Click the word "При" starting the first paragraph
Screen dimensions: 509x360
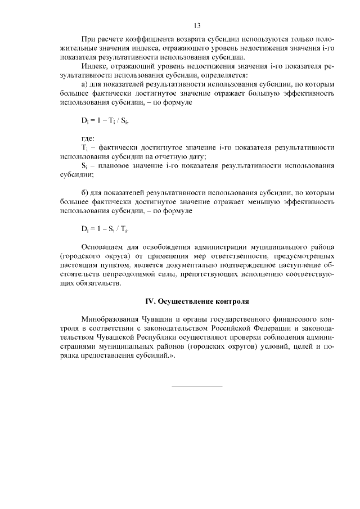click(x=89, y=39)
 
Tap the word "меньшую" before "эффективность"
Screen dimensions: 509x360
click(x=257, y=201)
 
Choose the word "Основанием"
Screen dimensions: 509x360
click(x=102, y=247)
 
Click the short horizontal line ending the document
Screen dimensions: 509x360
click(x=197, y=385)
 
